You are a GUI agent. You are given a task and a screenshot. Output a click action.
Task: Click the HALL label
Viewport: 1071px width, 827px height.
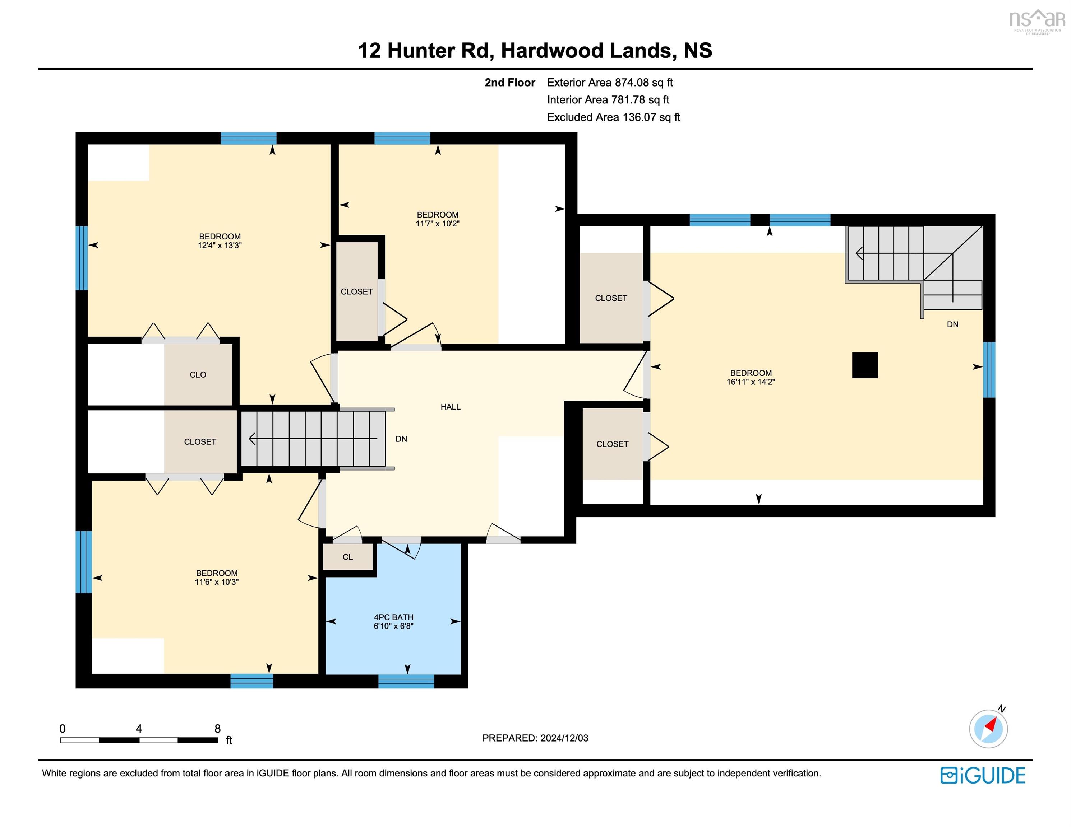pos(450,407)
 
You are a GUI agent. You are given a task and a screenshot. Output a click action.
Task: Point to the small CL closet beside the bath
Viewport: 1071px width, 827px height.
pos(348,557)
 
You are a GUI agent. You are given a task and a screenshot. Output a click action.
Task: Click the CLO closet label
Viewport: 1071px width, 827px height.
pos(198,375)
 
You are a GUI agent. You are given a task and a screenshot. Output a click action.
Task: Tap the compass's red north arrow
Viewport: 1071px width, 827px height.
pos(991,724)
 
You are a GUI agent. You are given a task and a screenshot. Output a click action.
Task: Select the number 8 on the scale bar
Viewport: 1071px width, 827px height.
pos(217,729)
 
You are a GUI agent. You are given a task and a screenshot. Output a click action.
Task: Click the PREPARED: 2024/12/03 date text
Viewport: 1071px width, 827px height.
pos(535,738)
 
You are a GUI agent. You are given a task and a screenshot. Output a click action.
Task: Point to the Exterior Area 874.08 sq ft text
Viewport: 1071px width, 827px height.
pos(610,82)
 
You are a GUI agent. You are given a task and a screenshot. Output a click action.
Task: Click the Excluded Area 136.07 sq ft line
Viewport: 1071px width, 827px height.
pos(614,117)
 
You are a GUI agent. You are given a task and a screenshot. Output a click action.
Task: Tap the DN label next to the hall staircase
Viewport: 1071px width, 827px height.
pos(401,439)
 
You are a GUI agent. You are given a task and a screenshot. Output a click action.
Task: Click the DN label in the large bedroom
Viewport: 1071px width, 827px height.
pos(952,324)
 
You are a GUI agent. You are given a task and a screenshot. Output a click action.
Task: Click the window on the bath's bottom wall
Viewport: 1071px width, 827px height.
pos(406,681)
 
